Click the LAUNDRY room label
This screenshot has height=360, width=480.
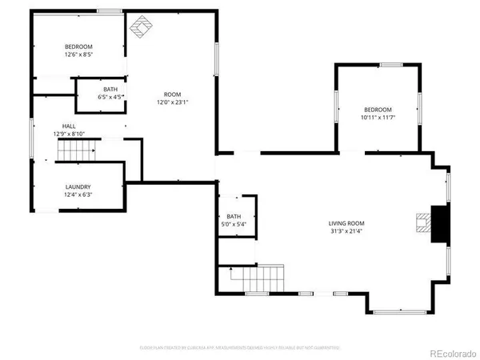tap(78, 187)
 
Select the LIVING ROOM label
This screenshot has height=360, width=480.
tap(346, 223)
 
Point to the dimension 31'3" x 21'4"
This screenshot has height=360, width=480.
tap(346, 231)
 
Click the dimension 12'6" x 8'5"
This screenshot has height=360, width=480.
tap(78, 56)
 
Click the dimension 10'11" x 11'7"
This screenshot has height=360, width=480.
tap(378, 118)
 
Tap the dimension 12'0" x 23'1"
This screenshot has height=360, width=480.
tap(172, 102)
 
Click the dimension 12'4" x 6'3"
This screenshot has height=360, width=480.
tap(78, 194)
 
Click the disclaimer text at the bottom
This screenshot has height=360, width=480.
tap(240, 347)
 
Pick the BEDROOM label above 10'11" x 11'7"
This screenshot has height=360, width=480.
tap(378, 110)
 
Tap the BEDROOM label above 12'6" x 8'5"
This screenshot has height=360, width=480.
tap(78, 48)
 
